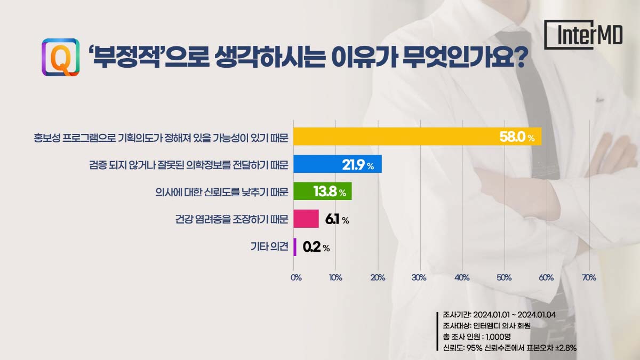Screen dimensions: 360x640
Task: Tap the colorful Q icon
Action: pyautogui.click(x=60, y=57)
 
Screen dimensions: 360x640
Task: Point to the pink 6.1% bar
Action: pyautogui.click(x=306, y=219)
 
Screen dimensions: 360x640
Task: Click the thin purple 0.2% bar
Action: pyautogui.click(x=295, y=246)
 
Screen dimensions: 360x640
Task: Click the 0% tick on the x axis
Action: pyautogui.click(x=296, y=278)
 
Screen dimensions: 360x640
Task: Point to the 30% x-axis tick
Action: pyautogui.click(x=419, y=278)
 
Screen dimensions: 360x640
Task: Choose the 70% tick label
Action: pyautogui.click(x=589, y=278)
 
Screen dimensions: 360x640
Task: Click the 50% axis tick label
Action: pyautogui.click(x=504, y=278)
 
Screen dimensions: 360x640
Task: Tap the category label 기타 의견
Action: pyautogui.click(x=269, y=246)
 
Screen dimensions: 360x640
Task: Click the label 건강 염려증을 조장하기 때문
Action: pyautogui.click(x=231, y=219)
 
